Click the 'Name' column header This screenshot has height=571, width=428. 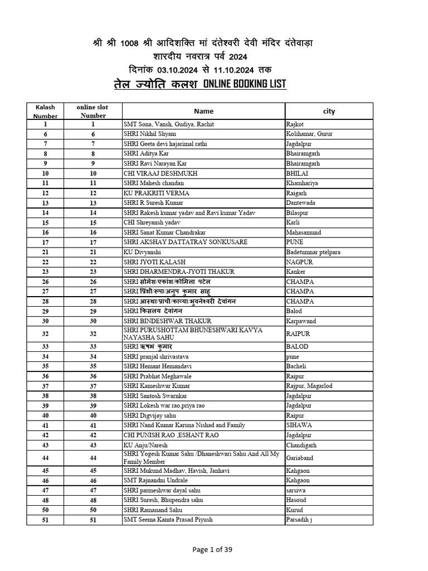coord(203,111)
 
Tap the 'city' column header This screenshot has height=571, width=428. coord(329,111)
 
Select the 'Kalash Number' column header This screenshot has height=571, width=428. coord(45,112)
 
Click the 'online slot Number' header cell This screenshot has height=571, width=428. coord(93,111)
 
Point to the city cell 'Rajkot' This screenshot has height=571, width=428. coord(295,124)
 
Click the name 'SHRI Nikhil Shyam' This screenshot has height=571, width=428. coord(149,134)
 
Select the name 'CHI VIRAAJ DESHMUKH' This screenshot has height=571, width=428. coord(160,173)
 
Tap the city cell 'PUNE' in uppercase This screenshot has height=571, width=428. coord(295,242)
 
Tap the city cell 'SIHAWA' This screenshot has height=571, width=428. coord(299,425)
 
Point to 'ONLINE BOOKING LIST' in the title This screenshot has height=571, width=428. coord(245,84)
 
